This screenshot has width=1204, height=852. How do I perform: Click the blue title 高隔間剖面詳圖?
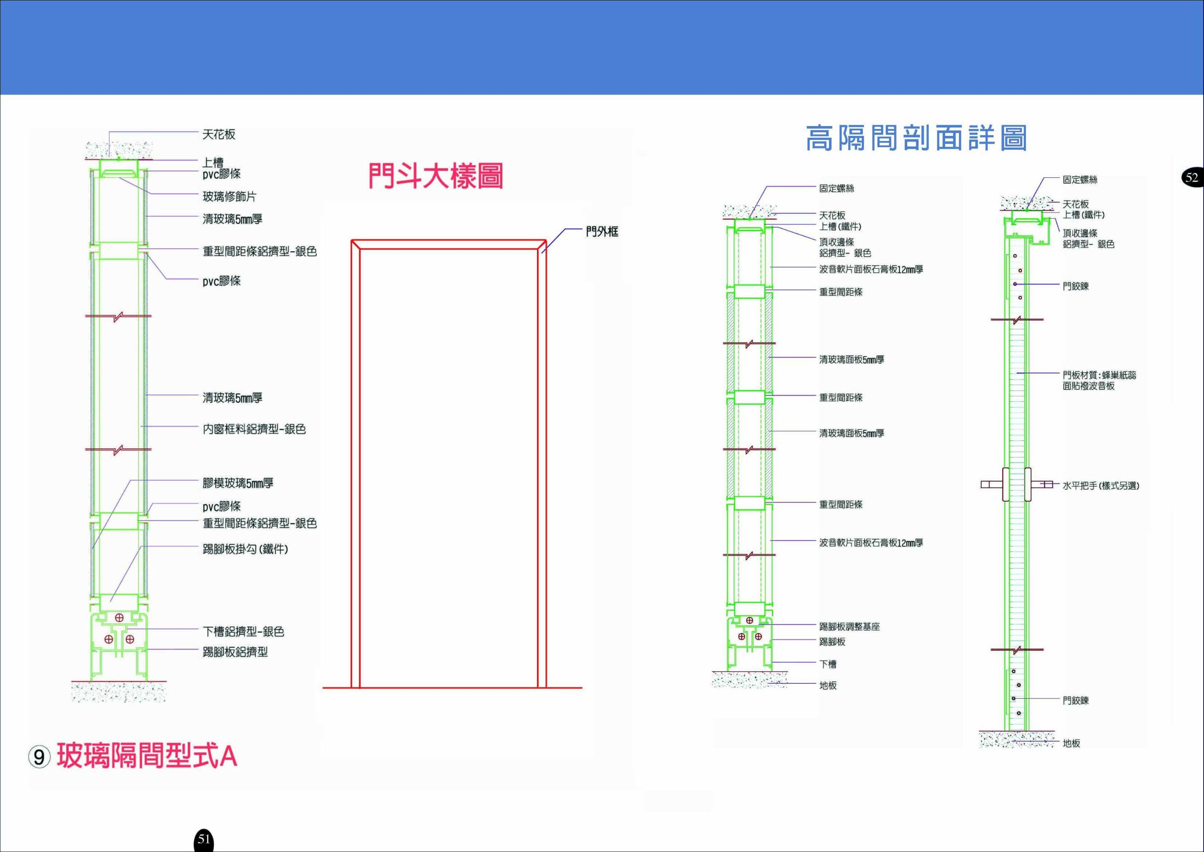[916, 139]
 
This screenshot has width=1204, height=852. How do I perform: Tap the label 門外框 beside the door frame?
[602, 232]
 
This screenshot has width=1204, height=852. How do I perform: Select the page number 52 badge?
[1192, 177]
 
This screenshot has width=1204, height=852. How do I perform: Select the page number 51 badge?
[204, 840]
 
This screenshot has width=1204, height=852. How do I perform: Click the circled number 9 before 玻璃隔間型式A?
[39, 757]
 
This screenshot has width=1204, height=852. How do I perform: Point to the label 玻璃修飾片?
[230, 197]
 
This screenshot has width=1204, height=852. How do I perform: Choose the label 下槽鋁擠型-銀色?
[243, 632]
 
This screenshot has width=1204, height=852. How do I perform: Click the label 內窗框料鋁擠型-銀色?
[254, 429]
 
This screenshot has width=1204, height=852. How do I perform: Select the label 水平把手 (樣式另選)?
[1101, 486]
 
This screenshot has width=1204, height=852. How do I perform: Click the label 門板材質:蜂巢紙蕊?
[1099, 375]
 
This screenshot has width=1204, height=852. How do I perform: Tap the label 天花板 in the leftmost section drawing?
[219, 134]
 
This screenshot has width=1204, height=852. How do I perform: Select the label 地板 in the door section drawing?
[1071, 744]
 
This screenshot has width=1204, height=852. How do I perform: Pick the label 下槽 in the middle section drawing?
[828, 664]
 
